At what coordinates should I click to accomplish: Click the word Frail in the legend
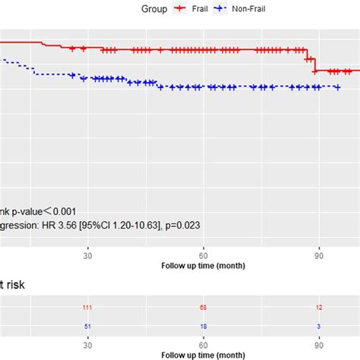tap(201, 9)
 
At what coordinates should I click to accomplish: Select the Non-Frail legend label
tap(250, 9)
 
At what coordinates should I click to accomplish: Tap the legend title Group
tap(154, 9)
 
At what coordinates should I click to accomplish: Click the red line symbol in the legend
tap(181, 9)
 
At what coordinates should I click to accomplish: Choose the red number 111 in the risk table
tap(88, 307)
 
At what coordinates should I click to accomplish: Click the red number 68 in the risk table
tap(204, 307)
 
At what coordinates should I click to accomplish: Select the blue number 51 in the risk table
tap(88, 326)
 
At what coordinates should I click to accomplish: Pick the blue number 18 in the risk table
tap(204, 326)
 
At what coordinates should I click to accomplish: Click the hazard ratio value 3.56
tap(76, 225)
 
